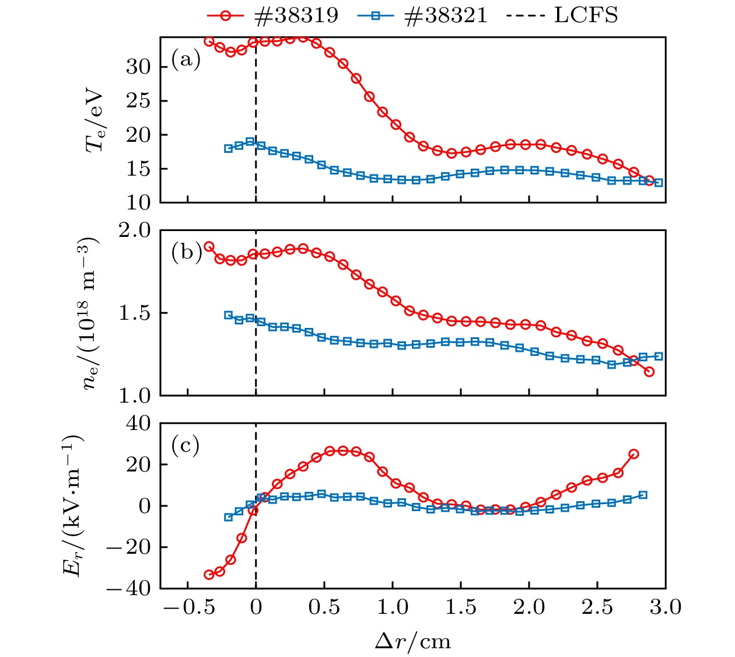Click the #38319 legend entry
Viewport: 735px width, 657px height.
(273, 15)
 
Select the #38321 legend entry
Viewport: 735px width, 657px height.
(422, 15)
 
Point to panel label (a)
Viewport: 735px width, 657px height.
(185, 60)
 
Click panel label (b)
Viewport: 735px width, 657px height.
(185, 253)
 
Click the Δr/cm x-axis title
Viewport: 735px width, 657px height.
(412, 641)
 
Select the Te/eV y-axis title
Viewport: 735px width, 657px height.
(95, 121)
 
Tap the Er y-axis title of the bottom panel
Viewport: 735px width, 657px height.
(73, 505)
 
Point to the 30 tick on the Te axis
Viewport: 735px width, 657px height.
(138, 67)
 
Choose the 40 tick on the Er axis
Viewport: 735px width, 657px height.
(138, 423)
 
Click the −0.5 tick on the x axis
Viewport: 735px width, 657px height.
(187, 607)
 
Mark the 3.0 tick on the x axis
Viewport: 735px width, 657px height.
(666, 607)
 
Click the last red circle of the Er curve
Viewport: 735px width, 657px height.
(633, 454)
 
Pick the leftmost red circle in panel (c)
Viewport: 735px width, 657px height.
(209, 575)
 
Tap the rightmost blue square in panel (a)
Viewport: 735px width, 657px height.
(659, 183)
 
